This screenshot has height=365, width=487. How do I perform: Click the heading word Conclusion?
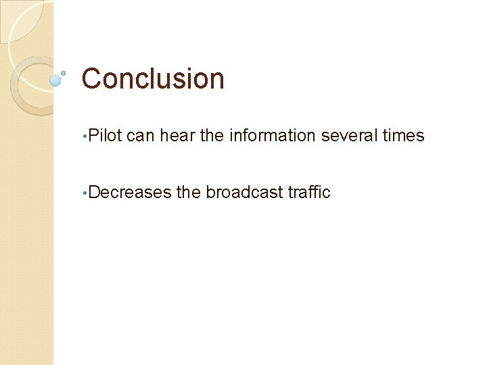[153, 79]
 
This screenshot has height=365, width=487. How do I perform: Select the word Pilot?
[105, 136]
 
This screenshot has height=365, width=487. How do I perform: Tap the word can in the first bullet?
[141, 136]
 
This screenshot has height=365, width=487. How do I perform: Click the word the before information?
[212, 136]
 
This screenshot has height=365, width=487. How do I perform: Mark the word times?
[404, 136]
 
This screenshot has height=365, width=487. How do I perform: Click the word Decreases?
[130, 193]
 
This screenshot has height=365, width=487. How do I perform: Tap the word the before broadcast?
[189, 193]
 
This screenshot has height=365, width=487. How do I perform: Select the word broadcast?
[244, 193]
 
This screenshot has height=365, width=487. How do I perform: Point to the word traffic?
[309, 193]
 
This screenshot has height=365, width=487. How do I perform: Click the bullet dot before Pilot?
[84, 137]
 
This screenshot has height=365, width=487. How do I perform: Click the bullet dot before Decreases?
[84, 194]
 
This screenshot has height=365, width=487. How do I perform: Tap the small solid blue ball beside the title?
[55, 80]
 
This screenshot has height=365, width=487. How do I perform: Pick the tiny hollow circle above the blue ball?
[63, 72]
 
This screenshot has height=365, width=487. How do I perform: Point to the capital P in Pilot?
[93, 136]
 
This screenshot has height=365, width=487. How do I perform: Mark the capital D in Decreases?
[94, 193]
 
